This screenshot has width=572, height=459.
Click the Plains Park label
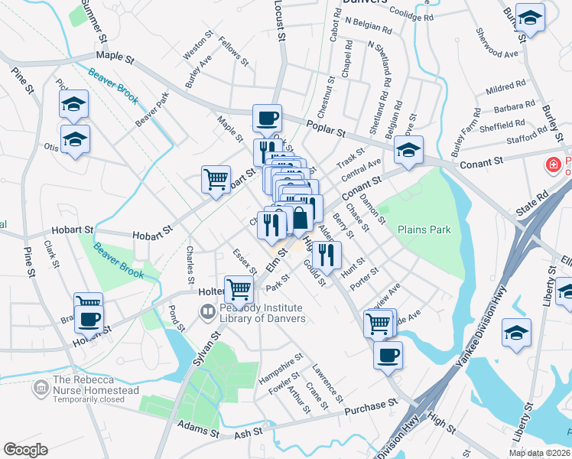pos(424,229)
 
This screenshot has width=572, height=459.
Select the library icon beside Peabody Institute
pos(207,312)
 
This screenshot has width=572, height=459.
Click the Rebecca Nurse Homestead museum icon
pos(40,389)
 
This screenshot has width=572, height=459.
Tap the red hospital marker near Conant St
pos(551,164)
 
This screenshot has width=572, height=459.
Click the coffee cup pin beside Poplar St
pos(267,119)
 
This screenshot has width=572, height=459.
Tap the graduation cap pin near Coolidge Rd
pos(529,17)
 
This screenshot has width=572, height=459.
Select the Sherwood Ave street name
pos(496,53)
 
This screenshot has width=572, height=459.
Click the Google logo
pos(25,449)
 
